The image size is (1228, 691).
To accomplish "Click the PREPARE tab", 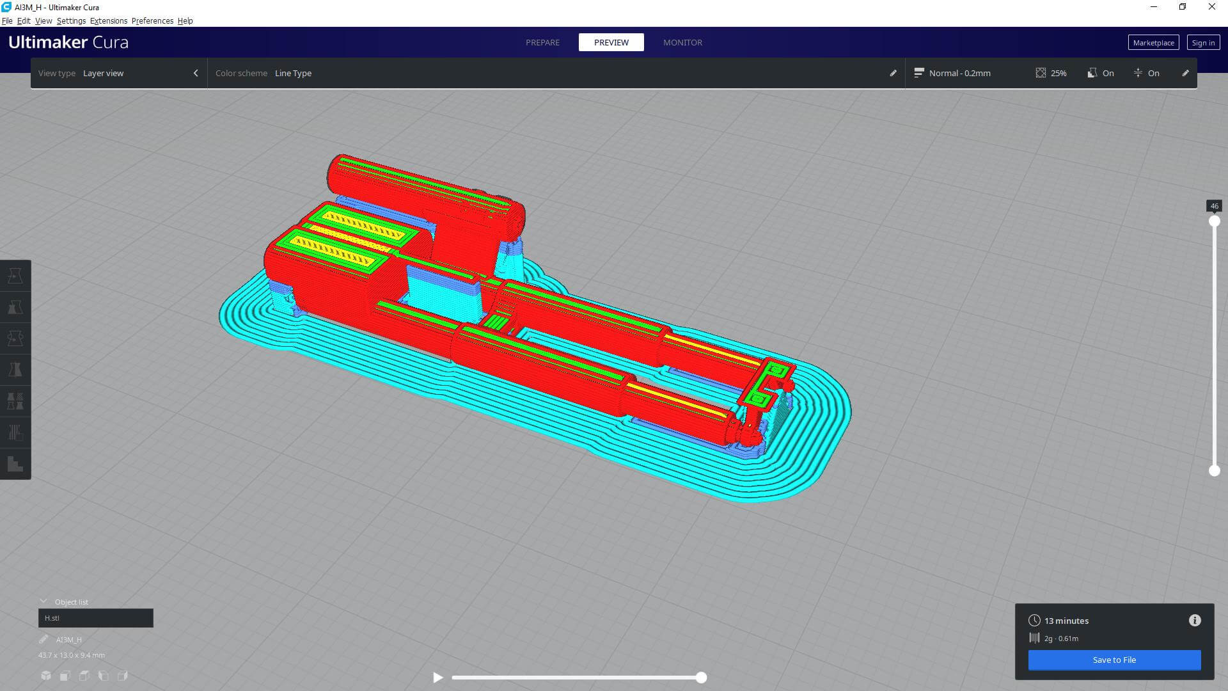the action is coord(542,42).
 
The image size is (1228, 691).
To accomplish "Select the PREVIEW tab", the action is coord(611,42).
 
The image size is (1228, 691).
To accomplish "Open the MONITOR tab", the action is coord(682,42).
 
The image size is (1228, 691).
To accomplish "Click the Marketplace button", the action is coord(1153,43).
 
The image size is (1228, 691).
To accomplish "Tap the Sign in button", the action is coord(1203,43).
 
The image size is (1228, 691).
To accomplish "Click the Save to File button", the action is coord(1114,660).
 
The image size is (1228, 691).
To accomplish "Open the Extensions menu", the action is coord(109,21).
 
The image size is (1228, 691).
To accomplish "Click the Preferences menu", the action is coord(152,21).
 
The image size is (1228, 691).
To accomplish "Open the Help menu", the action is coord(185,21).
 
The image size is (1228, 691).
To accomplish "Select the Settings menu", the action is coord(71,21).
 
